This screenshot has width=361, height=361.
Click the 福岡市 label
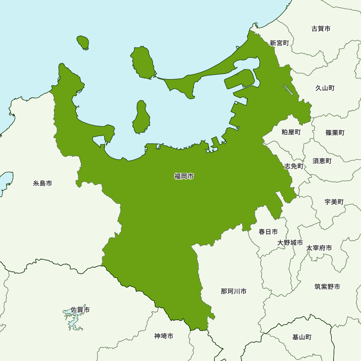(184, 177)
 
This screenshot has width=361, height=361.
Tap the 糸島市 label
(43, 183)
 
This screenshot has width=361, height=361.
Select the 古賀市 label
(321, 29)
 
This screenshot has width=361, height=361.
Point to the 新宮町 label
(279, 43)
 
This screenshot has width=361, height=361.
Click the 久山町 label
(325, 88)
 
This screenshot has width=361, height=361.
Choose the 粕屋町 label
(291, 132)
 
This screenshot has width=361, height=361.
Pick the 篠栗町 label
(335, 132)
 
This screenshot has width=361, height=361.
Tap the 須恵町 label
(322, 161)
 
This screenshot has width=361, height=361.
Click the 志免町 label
(294, 166)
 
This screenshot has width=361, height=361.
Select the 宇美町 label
(334, 202)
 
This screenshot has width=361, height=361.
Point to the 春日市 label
(268, 232)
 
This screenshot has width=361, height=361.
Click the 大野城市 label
(290, 243)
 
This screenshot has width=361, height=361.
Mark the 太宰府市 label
(319, 248)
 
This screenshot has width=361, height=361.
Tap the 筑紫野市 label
(327, 287)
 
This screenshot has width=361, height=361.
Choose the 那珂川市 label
(234, 291)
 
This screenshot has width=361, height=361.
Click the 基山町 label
(302, 337)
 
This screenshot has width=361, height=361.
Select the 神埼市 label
(164, 336)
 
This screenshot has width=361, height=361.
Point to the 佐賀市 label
(80, 310)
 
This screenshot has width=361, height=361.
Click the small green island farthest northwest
(83, 43)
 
